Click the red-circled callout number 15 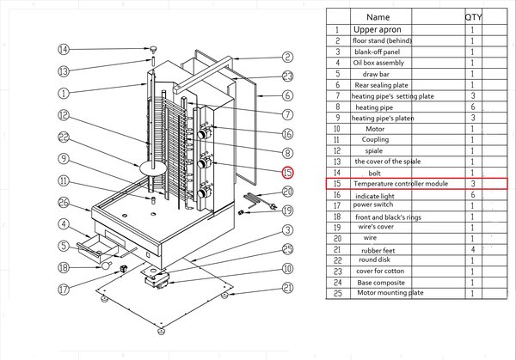(x=288, y=173)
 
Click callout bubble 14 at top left (x=63, y=49)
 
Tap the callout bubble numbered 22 (x=64, y=137)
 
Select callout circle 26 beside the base (x=64, y=203)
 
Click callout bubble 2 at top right (x=288, y=58)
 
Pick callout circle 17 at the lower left (x=63, y=290)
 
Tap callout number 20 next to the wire (x=288, y=192)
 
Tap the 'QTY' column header (x=474, y=16)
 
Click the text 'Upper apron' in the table (x=379, y=29)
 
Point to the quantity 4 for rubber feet (x=473, y=249)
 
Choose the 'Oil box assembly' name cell (x=379, y=63)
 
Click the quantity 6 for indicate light (x=473, y=195)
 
